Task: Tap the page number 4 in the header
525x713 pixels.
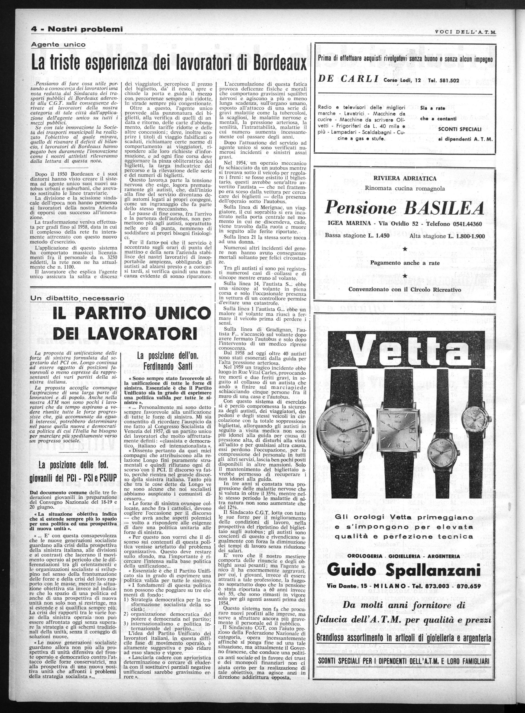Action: (x=34, y=30)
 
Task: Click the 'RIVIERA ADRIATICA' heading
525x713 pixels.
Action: (x=405, y=179)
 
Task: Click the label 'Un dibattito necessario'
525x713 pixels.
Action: (x=77, y=298)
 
